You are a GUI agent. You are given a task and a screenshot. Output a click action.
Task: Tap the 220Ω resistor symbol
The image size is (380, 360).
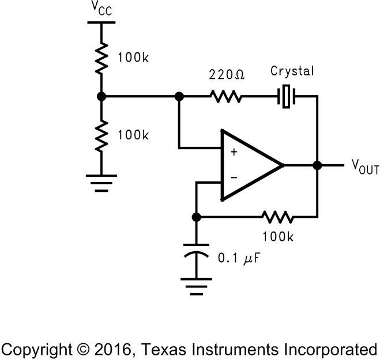(x=226, y=97)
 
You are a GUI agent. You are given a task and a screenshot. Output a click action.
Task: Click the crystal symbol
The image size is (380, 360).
(x=287, y=97)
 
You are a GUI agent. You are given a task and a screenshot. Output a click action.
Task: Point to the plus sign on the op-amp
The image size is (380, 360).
(x=234, y=153)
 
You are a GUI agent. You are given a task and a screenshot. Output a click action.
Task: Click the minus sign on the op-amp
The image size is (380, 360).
(x=234, y=178)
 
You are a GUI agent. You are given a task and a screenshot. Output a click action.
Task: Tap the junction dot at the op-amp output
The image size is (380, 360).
(x=317, y=165)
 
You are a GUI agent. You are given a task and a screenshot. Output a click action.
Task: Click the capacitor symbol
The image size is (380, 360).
(x=196, y=256)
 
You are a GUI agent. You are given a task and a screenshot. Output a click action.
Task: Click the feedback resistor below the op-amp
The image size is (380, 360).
(x=277, y=217)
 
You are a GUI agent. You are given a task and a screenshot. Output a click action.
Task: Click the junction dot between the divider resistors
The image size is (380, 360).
(x=101, y=97)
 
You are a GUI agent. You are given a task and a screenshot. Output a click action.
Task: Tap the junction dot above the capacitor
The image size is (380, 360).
(x=196, y=217)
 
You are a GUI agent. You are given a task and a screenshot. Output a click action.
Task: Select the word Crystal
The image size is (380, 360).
(x=292, y=71)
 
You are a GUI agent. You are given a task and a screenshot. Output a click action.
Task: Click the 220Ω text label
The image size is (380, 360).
(x=227, y=75)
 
